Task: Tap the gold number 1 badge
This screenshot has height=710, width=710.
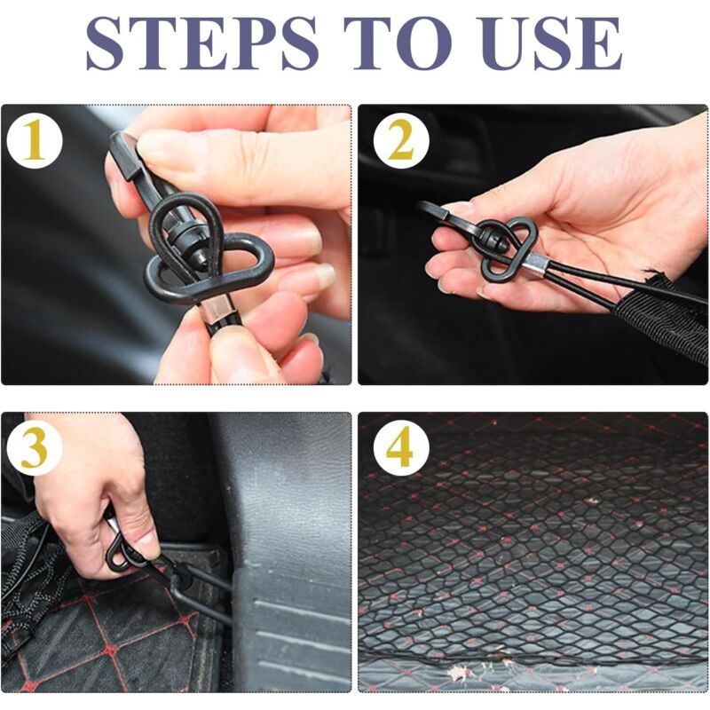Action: [x=35, y=141]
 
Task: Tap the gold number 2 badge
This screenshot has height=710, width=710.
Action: [x=401, y=141]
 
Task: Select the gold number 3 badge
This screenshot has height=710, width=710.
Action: [x=35, y=448]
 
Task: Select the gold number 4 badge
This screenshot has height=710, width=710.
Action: [x=401, y=448]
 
